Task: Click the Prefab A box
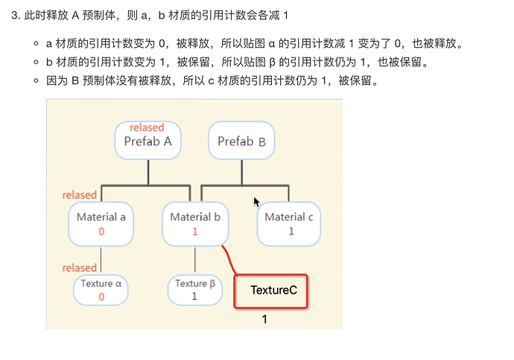tap(147, 140)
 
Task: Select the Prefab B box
tap(241, 140)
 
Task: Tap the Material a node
tap(101, 224)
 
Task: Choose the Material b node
tap(195, 224)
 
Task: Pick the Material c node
tap(289, 224)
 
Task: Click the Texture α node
tap(101, 290)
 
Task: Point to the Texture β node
tap(194, 290)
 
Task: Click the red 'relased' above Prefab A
tap(147, 127)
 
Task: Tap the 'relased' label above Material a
tap(80, 195)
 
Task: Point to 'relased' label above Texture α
tap(80, 268)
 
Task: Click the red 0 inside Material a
tap(101, 231)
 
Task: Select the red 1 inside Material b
tap(194, 231)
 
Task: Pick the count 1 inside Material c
tap(291, 231)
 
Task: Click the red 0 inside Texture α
tap(101, 297)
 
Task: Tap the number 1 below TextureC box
tap(264, 319)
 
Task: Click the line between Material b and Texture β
tap(195, 260)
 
